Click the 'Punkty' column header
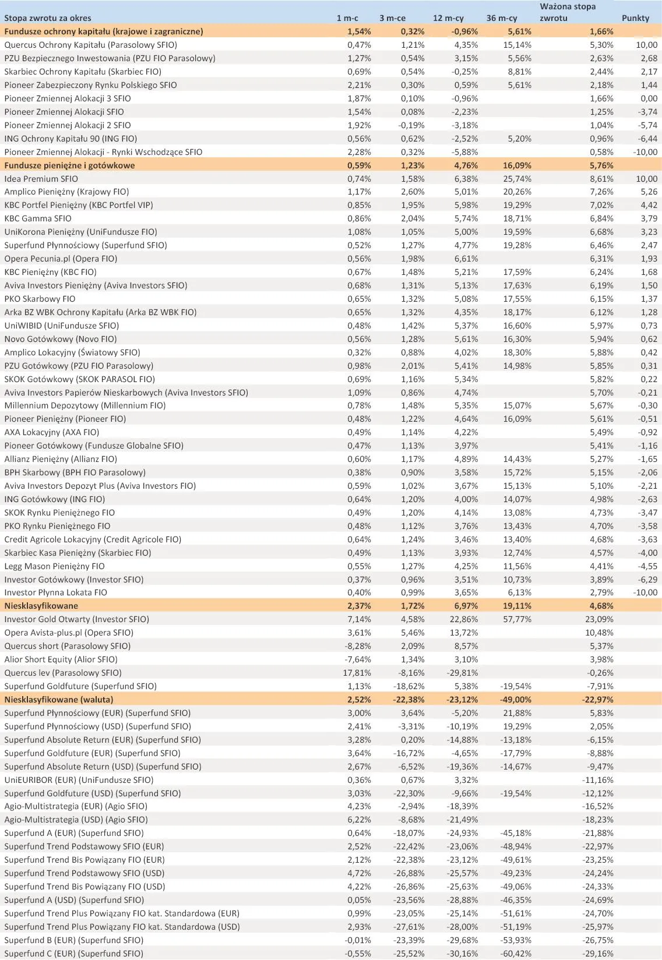point(635,18)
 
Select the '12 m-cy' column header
point(447,18)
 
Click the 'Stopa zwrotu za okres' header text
point(48,18)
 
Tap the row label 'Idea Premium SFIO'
point(41,179)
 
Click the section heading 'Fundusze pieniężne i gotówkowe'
point(69,165)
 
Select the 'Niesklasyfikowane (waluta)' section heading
point(59,700)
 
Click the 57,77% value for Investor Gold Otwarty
point(517,619)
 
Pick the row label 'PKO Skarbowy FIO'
point(40,299)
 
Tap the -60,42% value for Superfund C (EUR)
point(516,954)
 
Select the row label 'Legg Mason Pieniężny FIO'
point(54,566)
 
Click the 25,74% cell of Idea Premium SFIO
point(517,179)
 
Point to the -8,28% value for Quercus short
point(358,646)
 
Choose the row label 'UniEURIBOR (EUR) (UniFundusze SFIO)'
point(79,780)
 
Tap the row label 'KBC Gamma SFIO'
point(38,218)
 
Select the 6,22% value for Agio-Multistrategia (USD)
point(359,820)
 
